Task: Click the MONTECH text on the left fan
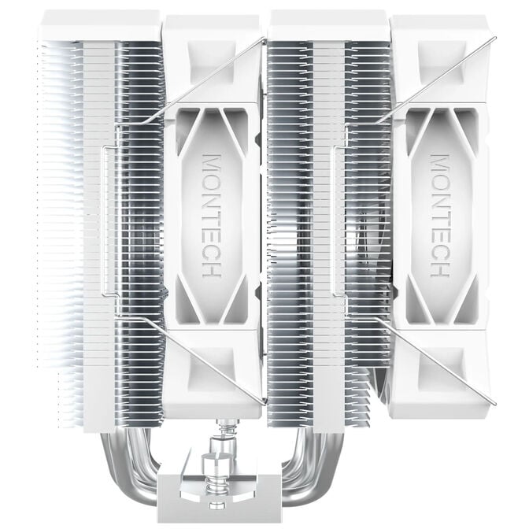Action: click(x=213, y=214)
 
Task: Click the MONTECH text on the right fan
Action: click(x=440, y=214)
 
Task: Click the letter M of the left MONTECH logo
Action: click(x=213, y=161)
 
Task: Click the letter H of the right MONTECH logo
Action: click(x=440, y=268)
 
